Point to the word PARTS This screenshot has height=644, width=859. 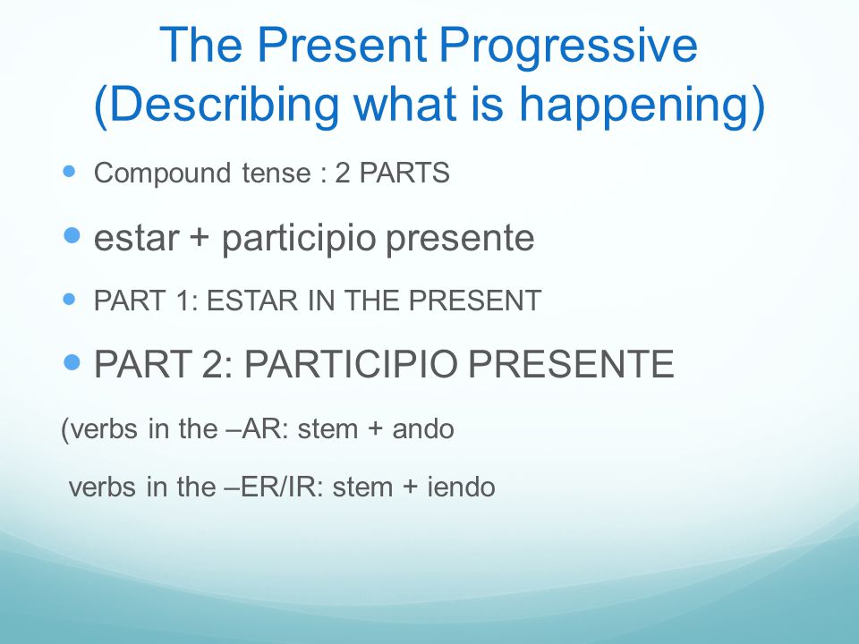tap(404, 173)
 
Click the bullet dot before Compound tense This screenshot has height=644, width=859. tap(69, 172)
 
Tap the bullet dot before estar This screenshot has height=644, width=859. tap(72, 235)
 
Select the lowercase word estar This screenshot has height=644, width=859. tap(136, 239)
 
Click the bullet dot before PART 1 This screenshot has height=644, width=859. tap(69, 299)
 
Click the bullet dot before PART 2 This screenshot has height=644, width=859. tap(72, 362)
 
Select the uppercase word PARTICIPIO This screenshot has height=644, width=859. tap(350, 364)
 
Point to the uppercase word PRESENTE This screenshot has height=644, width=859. tap(571, 364)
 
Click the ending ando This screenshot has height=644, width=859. tap(423, 428)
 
